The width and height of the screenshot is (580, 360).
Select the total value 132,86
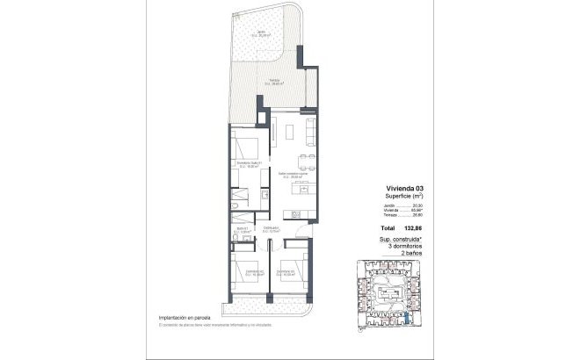tap(424, 227)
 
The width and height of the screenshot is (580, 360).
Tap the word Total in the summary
tap(392, 227)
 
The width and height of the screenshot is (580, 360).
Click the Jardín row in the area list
tap(410, 206)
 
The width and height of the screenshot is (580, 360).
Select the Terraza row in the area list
tap(410, 217)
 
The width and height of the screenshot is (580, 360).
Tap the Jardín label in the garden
tap(262, 33)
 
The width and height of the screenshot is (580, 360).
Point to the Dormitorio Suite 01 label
tap(250, 162)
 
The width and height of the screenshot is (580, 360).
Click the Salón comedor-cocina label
tap(293, 174)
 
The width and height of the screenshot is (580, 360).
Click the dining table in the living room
tap(303, 161)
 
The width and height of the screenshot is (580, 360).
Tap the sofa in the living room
tap(308, 132)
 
